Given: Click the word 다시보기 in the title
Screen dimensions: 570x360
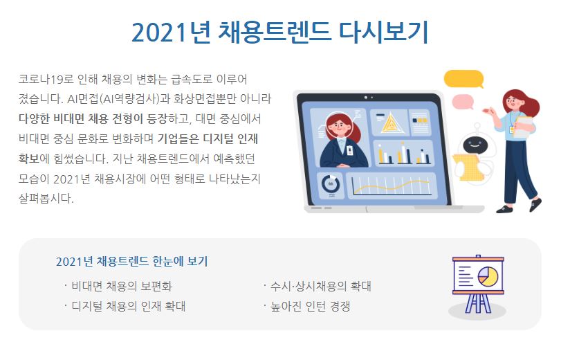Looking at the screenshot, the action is pos(383,32).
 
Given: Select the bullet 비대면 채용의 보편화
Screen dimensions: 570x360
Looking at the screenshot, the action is pos(122,286).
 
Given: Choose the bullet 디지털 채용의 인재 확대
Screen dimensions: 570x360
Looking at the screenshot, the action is pos(129,306).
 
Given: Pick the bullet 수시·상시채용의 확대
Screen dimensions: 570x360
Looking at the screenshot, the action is pos(321,286).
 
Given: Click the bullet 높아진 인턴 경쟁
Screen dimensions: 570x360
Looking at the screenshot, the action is pos(310,306).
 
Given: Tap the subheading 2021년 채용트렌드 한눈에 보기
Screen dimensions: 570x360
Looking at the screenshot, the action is pos(131,261).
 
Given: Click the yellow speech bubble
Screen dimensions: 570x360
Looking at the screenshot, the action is pos(464,79).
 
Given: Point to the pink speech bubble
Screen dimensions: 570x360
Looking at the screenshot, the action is pos(463,102).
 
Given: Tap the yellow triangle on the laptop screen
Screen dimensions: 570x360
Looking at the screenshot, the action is pos(390,123).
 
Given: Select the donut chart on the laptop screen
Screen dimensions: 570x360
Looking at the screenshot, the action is pos(331,183).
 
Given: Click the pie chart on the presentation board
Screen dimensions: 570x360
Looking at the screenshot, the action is pos(488,276).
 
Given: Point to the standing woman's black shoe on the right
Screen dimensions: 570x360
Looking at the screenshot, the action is pos(535,204).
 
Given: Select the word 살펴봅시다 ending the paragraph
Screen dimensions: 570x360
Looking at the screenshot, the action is pos(46,199).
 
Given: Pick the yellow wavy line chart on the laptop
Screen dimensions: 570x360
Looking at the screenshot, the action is pos(392,187).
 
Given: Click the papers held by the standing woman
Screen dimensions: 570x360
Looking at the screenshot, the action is pos(524,127).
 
